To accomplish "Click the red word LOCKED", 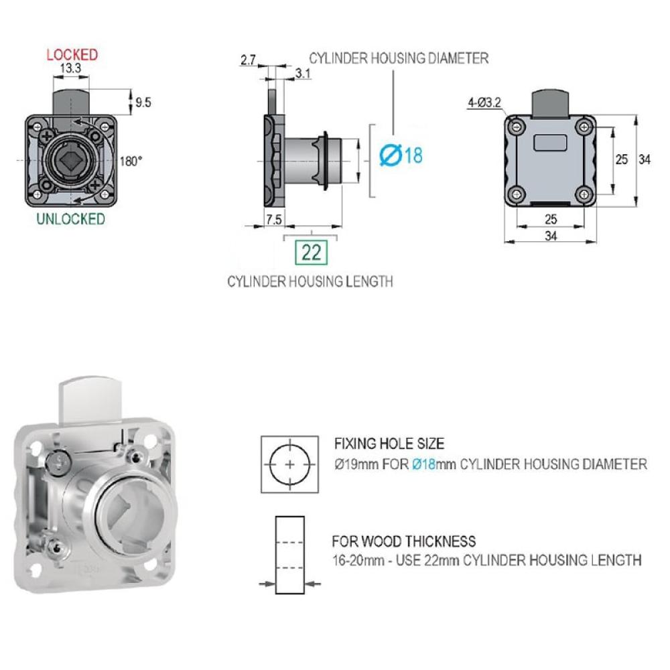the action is click(72, 55).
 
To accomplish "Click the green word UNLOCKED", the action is click(70, 219).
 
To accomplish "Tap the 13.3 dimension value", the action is click(70, 68).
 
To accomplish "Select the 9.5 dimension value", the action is click(143, 103).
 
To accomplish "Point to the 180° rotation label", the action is click(131, 161).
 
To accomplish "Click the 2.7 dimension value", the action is click(248, 60).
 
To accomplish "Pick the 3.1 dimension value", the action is click(303, 74).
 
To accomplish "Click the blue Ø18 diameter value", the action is click(401, 155).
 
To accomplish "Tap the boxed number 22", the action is click(311, 252).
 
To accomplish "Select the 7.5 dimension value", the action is click(274, 220).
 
